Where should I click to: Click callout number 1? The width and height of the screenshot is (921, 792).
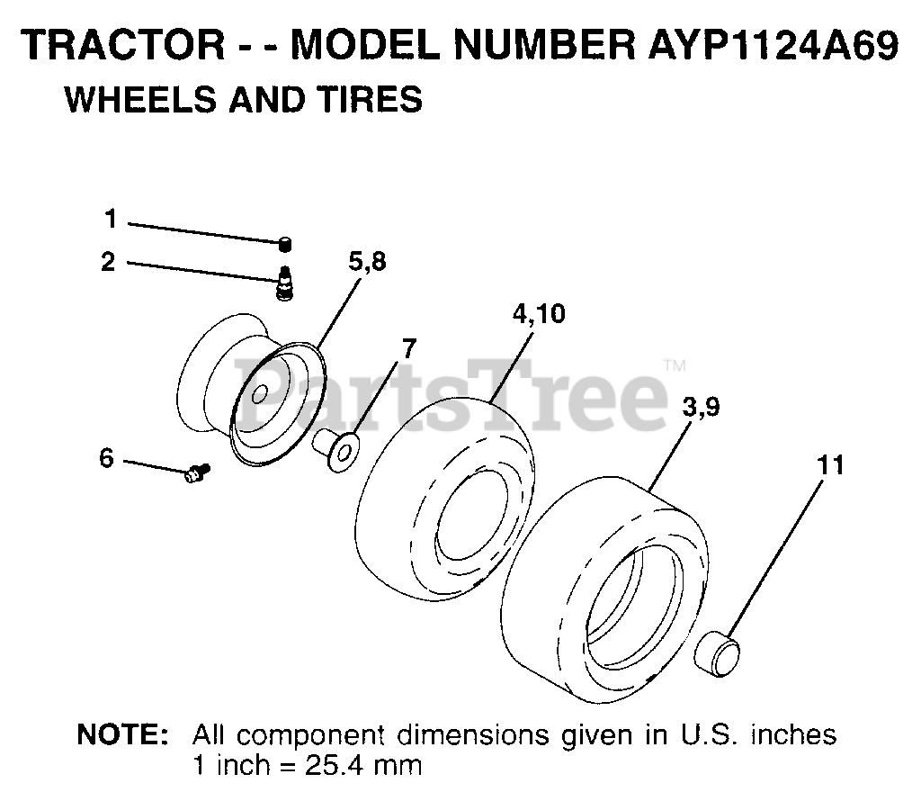click(111, 220)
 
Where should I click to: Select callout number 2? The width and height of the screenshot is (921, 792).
click(109, 262)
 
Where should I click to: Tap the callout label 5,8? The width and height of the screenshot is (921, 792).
click(367, 262)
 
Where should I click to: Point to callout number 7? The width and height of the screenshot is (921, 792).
click(408, 348)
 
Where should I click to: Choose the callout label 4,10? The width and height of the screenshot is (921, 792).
click(539, 314)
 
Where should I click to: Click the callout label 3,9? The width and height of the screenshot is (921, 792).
click(702, 407)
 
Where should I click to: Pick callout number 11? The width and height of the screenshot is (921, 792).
click(829, 464)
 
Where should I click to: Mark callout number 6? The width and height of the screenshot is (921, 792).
click(107, 458)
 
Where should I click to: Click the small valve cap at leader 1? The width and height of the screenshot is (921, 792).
click(285, 244)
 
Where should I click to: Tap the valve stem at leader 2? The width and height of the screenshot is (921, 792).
click(285, 283)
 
